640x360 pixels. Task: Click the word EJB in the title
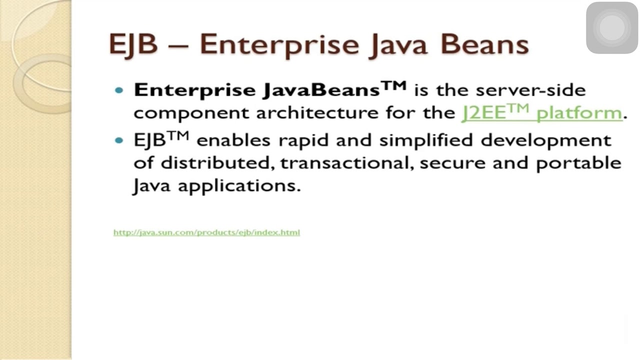point(133,44)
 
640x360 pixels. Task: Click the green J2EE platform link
point(541,112)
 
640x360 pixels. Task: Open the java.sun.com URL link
point(206,232)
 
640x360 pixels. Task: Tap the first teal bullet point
point(119,90)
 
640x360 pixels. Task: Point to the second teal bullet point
point(119,140)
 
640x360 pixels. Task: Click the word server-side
point(530,90)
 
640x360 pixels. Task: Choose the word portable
point(578,163)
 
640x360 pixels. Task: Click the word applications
point(239,186)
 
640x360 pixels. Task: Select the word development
point(546,140)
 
